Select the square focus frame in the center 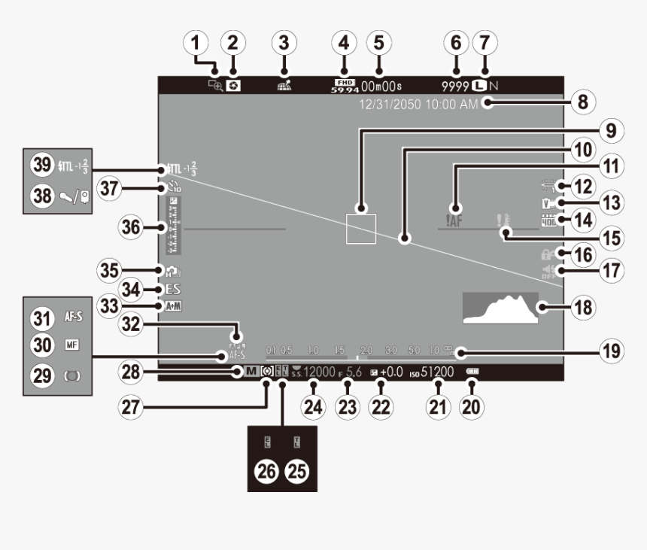coord(360,228)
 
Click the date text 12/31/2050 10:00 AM coord(418,105)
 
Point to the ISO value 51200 coord(437,371)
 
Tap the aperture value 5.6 coord(354,371)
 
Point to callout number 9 coord(609,129)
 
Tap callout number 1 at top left coord(198,43)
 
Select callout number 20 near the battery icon coord(472,406)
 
